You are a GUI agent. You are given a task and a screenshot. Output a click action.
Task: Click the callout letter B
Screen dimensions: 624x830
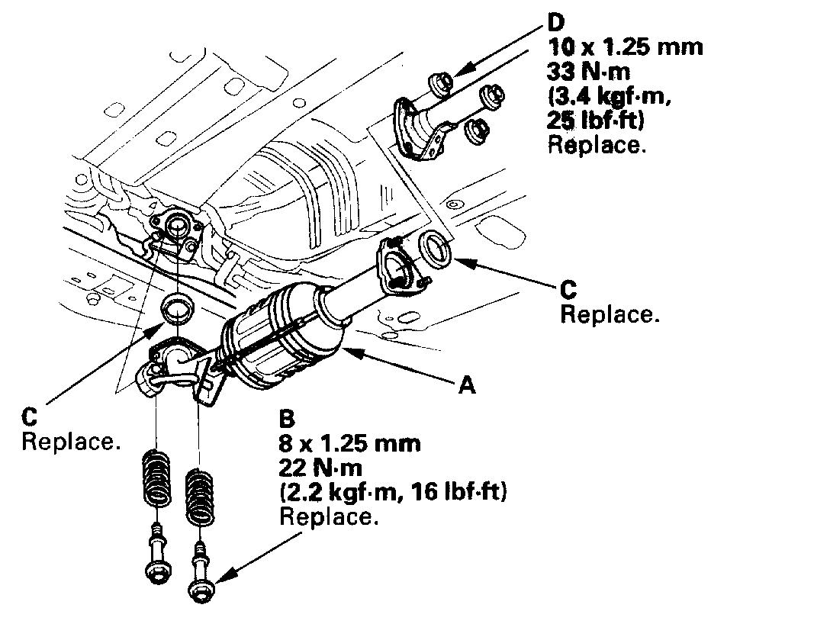288,419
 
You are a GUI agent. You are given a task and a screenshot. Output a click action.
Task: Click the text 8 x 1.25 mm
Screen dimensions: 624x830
350,443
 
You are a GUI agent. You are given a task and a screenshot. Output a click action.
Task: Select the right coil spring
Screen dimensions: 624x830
200,497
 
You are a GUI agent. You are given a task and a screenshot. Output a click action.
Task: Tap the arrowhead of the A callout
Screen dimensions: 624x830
347,350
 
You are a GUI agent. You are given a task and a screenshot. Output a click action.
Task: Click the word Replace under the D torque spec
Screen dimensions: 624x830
597,145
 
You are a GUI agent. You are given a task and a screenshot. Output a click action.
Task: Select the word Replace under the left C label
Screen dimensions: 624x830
70,442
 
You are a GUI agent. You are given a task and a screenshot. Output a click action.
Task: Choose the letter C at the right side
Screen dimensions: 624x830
568,291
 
